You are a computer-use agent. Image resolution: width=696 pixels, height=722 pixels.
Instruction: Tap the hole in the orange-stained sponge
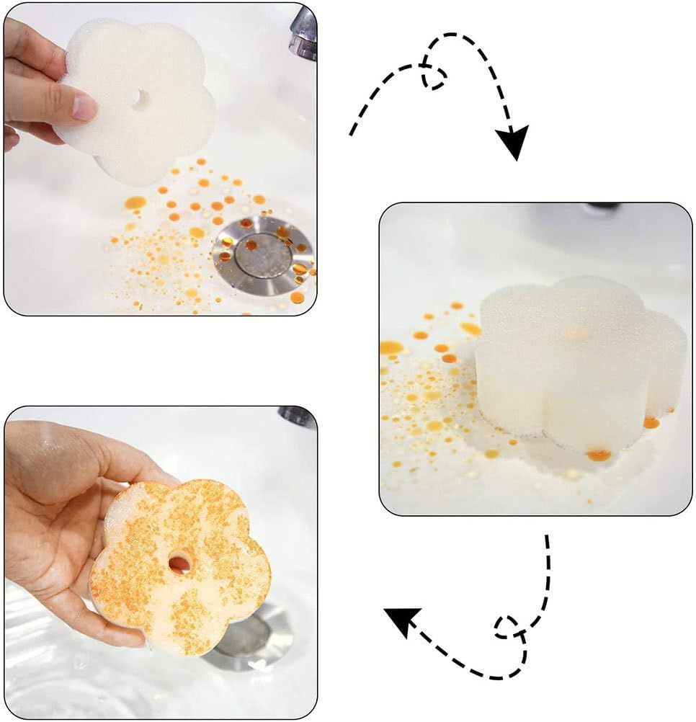[x=179, y=561]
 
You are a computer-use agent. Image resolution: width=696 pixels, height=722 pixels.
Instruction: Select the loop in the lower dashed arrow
[x=508, y=628]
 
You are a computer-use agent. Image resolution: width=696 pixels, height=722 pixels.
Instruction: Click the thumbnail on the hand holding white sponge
[x=84, y=108]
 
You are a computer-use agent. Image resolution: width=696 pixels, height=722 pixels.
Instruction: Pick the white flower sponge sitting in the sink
[x=576, y=360]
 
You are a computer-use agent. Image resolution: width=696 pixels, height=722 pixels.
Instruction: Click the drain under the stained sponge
[x=249, y=638]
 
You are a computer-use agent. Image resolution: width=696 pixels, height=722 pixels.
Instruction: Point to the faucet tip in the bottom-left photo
[x=297, y=416]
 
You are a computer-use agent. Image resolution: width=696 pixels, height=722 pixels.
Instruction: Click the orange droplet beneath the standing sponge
[x=598, y=455]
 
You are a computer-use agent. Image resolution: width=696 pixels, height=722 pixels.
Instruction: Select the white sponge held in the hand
[x=137, y=101]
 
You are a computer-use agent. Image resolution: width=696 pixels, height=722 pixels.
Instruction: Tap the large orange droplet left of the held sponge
[x=135, y=202]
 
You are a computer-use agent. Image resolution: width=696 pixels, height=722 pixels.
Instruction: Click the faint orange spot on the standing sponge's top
[x=575, y=334]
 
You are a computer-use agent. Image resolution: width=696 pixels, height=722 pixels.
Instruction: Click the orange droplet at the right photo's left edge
[x=390, y=347]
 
